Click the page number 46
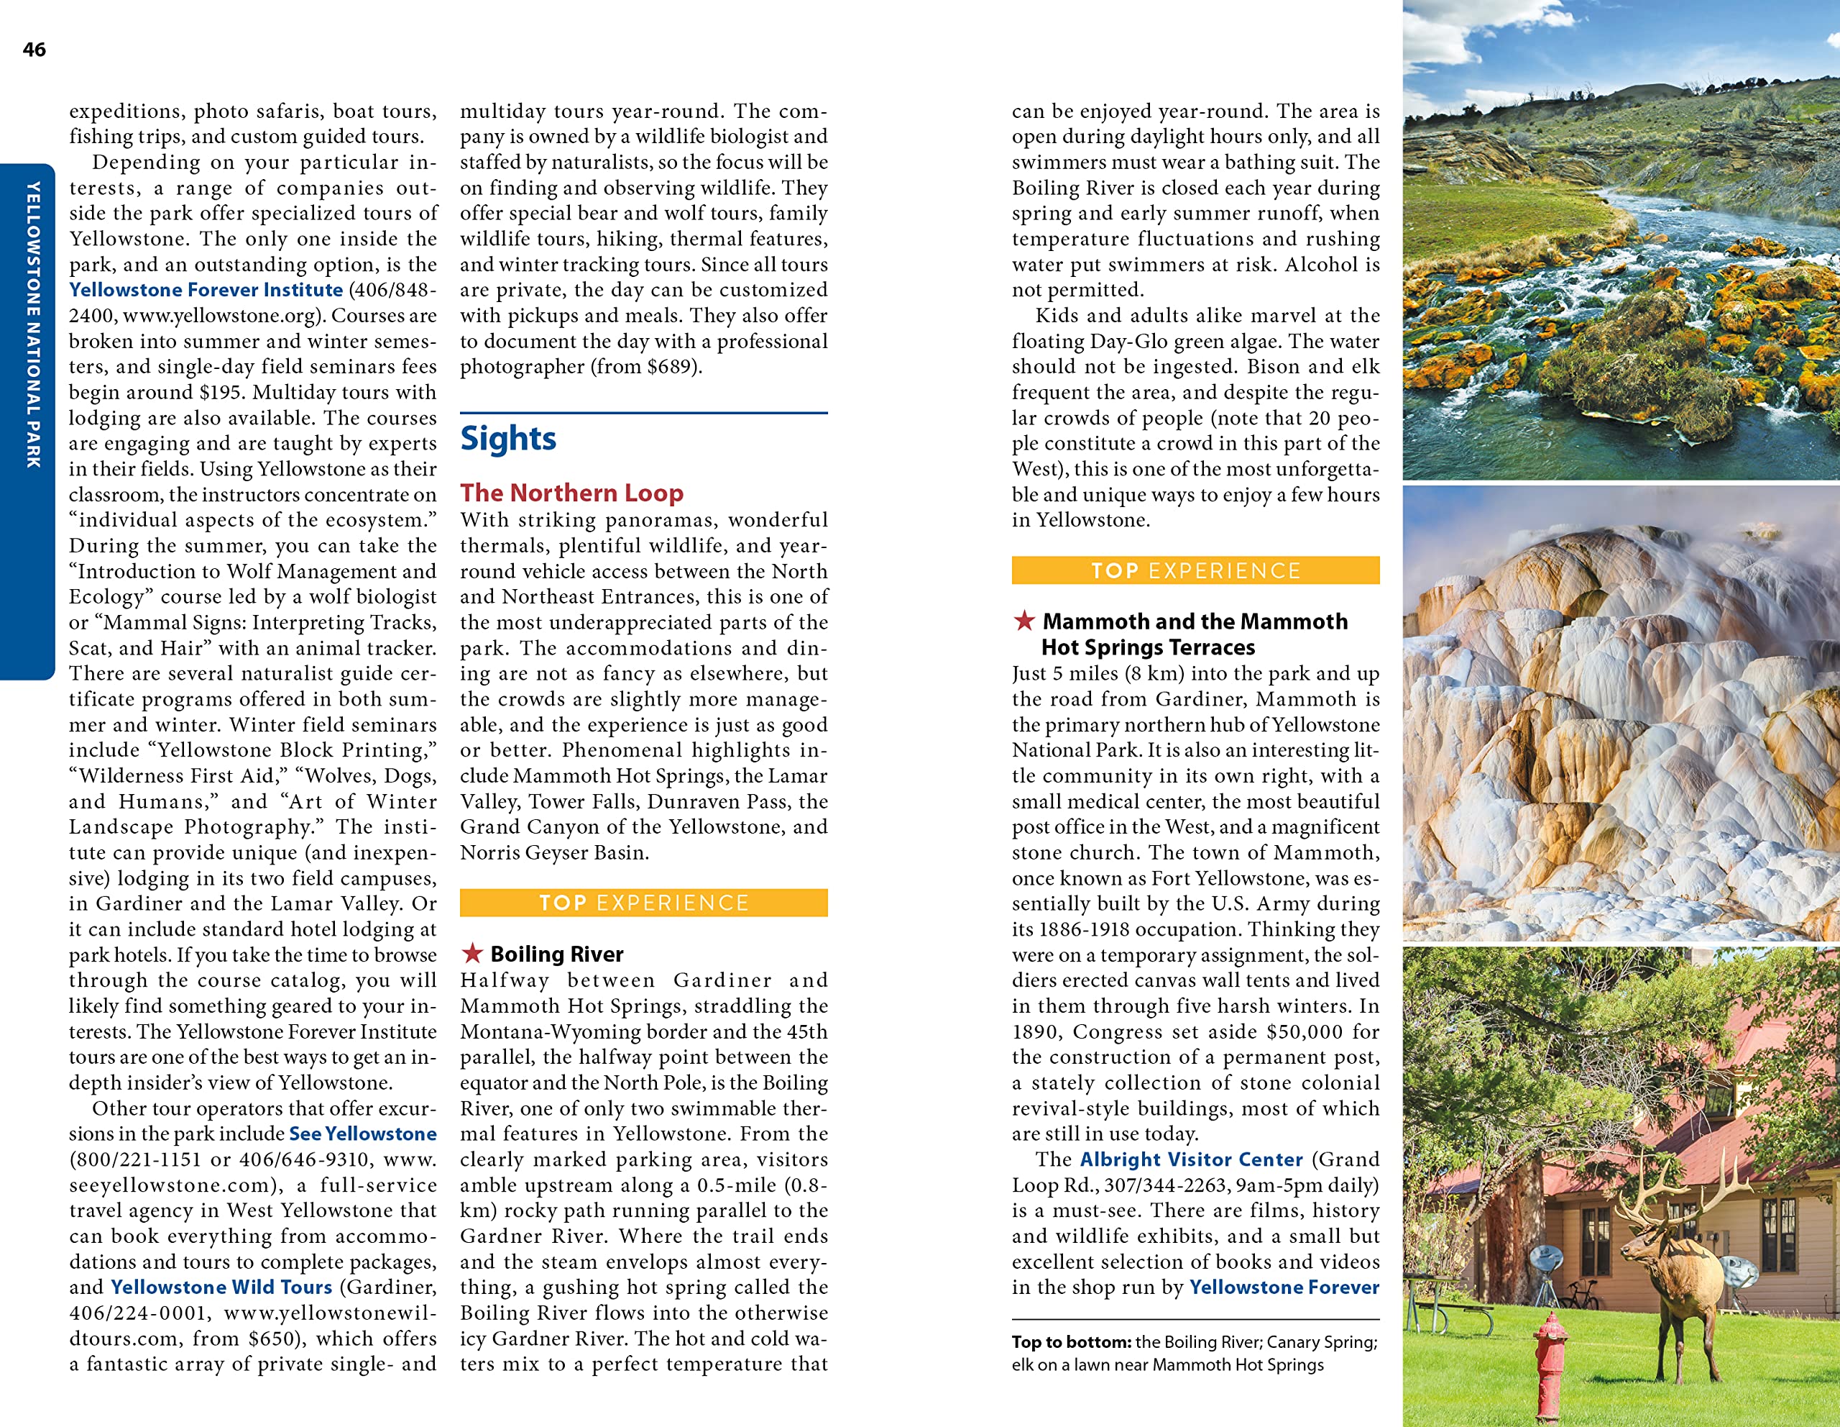[x=34, y=50]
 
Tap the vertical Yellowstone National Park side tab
[x=32, y=324]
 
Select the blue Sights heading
[x=508, y=438]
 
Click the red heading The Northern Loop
[x=571, y=492]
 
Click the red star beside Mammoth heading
[x=1023, y=621]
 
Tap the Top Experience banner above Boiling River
[x=644, y=903]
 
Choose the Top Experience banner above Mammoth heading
[x=1195, y=570]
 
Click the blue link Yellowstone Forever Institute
[x=206, y=290]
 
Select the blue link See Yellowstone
[x=362, y=1134]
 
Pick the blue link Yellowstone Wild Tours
[x=221, y=1287]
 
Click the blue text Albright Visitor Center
[x=1191, y=1160]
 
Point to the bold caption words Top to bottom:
[x=1071, y=1342]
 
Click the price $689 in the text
[x=670, y=367]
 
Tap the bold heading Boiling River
[x=557, y=954]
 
